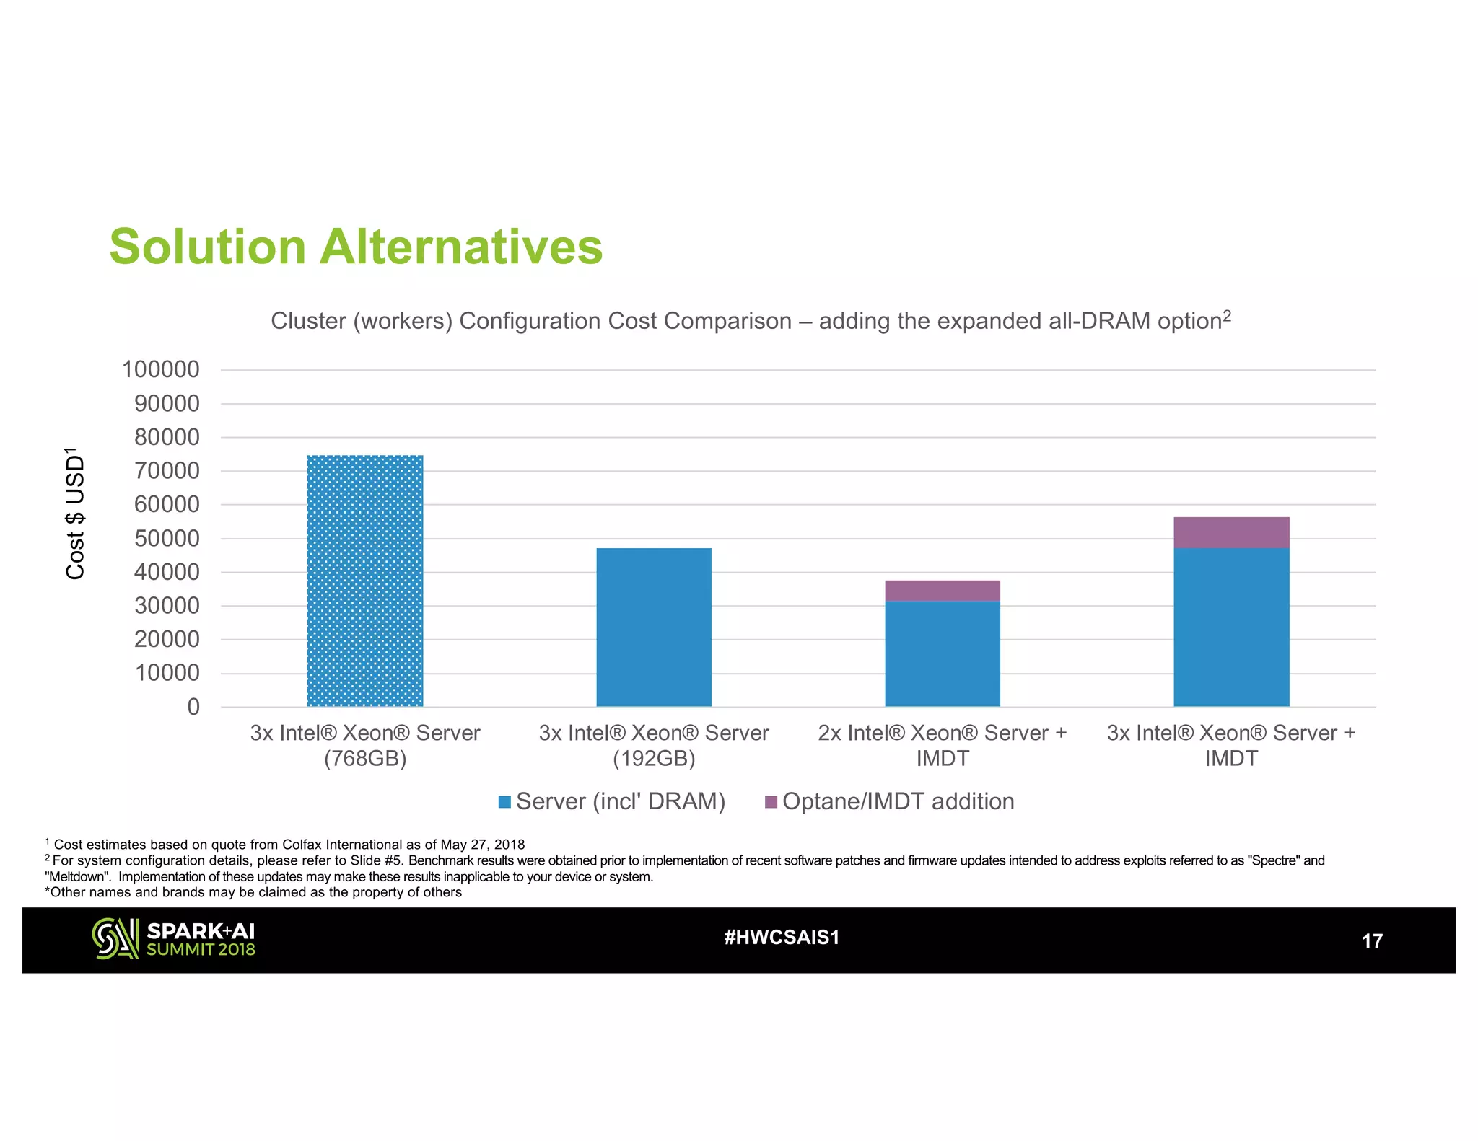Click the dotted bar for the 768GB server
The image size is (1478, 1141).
tap(365, 581)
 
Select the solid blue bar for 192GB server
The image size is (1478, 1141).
tap(654, 627)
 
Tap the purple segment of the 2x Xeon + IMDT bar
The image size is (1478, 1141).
tap(943, 591)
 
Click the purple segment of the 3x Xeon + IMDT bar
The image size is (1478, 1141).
tap(1231, 533)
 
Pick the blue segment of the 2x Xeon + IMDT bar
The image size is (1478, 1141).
tap(943, 653)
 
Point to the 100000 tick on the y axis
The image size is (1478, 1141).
tap(161, 370)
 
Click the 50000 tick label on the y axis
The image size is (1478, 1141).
tap(167, 539)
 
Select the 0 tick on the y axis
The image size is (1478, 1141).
tap(193, 707)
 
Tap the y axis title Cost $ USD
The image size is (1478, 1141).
tap(75, 514)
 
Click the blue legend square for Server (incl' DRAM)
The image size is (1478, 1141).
tap(505, 802)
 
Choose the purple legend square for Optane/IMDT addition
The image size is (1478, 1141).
tap(771, 802)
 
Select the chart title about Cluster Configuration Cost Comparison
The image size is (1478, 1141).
tap(751, 321)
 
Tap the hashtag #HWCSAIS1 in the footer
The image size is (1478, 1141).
tap(782, 938)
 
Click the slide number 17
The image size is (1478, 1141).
tap(1371, 941)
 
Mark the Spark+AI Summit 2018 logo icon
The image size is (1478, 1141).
tap(115, 938)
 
